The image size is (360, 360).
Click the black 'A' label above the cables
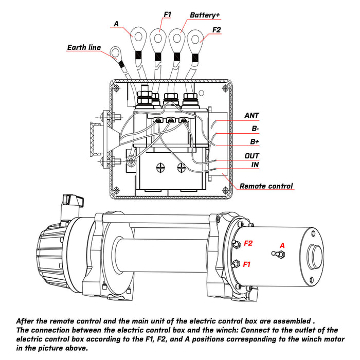tap(116, 23)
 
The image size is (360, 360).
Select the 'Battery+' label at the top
tap(205, 15)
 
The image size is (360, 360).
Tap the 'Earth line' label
tap(83, 48)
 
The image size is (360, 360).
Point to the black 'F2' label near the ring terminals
tap(216, 30)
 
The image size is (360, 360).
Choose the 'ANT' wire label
tap(251, 116)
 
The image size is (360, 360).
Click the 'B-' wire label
tap(255, 129)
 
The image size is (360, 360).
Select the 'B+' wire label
tap(255, 141)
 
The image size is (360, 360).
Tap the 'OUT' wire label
tap(252, 155)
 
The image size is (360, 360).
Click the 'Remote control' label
tap(266, 186)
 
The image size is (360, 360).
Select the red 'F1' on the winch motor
tap(247, 264)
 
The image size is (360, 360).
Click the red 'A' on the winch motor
tap(281, 245)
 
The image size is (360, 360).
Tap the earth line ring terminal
tap(114, 52)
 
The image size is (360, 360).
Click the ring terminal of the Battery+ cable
tap(177, 38)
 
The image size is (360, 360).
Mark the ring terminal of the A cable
tap(139, 35)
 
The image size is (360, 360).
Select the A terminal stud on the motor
tap(281, 255)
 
